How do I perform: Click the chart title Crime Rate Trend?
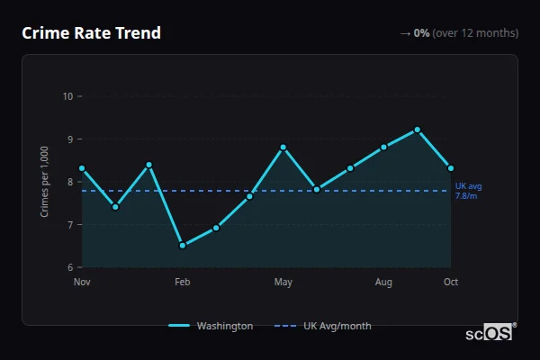pyautogui.click(x=91, y=33)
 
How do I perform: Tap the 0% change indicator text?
pyautogui.click(x=421, y=33)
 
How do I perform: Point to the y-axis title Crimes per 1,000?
pyautogui.click(x=44, y=182)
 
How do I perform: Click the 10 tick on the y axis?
pyautogui.click(x=67, y=96)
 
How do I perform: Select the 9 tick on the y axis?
pyautogui.click(x=70, y=139)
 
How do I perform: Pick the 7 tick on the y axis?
pyautogui.click(x=70, y=225)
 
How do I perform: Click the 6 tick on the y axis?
pyautogui.click(x=70, y=267)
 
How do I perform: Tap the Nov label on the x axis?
pyautogui.click(x=82, y=283)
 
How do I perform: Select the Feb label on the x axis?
pyautogui.click(x=183, y=283)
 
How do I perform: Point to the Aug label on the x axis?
pyautogui.click(x=383, y=283)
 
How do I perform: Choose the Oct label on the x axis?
pyautogui.click(x=451, y=283)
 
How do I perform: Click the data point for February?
pyautogui.click(x=183, y=246)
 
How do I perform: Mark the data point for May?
pyautogui.click(x=283, y=148)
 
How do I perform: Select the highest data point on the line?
pyautogui.click(x=418, y=130)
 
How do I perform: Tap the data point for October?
pyautogui.click(x=451, y=168)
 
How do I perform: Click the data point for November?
pyautogui.click(x=82, y=168)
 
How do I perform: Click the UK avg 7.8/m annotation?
pyautogui.click(x=468, y=191)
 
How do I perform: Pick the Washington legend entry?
pyautogui.click(x=211, y=326)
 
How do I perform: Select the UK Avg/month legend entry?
pyautogui.click(x=326, y=326)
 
